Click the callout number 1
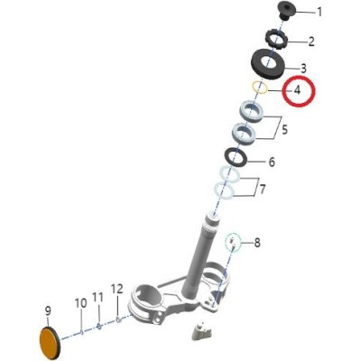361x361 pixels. pos(319,13)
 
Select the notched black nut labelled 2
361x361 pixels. pos(277,39)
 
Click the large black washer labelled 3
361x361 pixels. pos(267,64)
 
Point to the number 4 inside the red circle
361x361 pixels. pos(297,90)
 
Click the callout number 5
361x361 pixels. pos(284,130)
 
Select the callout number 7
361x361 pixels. pos(263,190)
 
